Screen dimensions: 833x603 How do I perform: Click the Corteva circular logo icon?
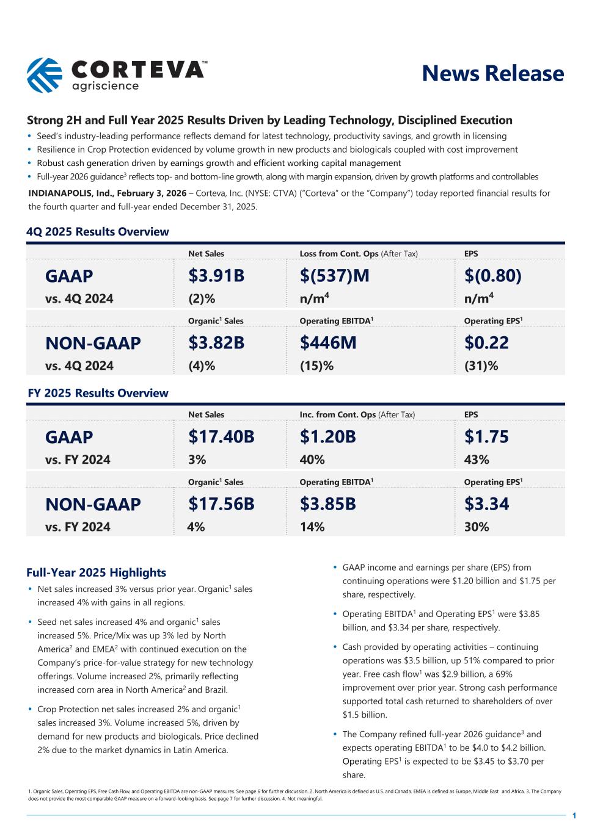click(x=44, y=74)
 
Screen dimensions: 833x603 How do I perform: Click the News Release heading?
click(x=492, y=73)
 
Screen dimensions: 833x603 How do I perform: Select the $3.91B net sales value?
click(x=216, y=276)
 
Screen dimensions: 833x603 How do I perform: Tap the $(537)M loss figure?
click(x=334, y=276)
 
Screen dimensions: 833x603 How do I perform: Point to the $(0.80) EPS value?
click(x=493, y=276)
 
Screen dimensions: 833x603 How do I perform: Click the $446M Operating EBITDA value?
click(x=328, y=343)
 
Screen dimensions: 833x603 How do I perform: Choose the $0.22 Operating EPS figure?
click(x=486, y=343)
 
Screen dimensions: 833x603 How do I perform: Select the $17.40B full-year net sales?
click(x=221, y=437)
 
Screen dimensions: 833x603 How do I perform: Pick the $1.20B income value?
click(x=327, y=437)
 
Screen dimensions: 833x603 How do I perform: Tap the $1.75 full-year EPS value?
click(x=486, y=437)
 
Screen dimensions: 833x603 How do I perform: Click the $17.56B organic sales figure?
click(x=221, y=504)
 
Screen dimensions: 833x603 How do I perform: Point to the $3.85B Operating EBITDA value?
click(x=327, y=504)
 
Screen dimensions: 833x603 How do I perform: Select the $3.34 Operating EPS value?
click(x=486, y=504)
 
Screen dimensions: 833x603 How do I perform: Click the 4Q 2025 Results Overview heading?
click(x=98, y=232)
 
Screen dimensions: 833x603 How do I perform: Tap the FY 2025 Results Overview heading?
click(x=98, y=393)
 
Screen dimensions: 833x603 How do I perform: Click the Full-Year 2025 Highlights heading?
click(x=96, y=572)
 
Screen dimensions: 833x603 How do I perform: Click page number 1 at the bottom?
click(x=574, y=815)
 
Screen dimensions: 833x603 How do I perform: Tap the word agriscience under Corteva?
click(x=105, y=86)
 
